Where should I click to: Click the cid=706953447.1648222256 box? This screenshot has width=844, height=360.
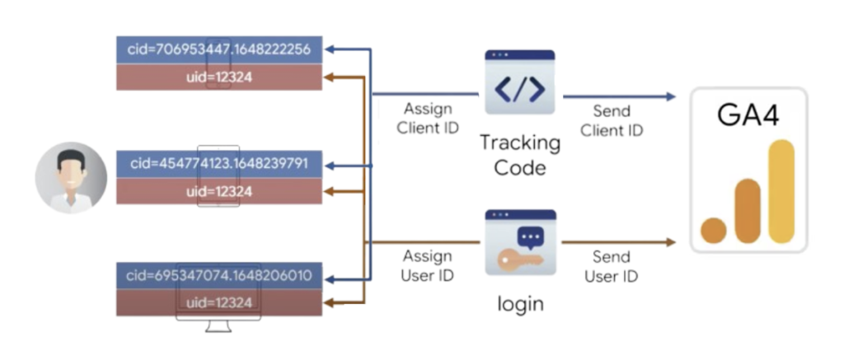218,50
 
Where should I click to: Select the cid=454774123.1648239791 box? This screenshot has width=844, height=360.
218,164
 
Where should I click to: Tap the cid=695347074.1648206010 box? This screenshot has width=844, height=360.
218,274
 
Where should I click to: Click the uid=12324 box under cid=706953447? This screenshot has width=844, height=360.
218,77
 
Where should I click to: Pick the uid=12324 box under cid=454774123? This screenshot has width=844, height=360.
218,191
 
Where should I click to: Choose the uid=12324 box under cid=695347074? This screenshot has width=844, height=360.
218,303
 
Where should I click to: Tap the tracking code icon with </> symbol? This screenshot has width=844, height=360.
519,82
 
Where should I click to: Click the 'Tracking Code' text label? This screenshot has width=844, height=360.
520,156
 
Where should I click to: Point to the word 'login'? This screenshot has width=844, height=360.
520,303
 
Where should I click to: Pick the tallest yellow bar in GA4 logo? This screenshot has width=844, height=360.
780,192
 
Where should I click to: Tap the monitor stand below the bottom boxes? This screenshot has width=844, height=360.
218,326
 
